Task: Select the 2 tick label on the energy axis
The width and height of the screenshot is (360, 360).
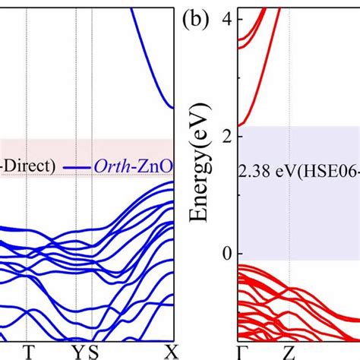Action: pyautogui.click(x=226, y=136)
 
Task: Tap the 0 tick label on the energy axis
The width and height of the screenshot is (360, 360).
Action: pyautogui.click(x=226, y=253)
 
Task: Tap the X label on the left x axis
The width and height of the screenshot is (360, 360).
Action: pyautogui.click(x=174, y=350)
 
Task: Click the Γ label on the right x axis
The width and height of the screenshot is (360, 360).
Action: pyautogui.click(x=242, y=350)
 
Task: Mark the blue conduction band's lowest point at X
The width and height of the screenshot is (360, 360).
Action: pyautogui.click(x=174, y=108)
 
